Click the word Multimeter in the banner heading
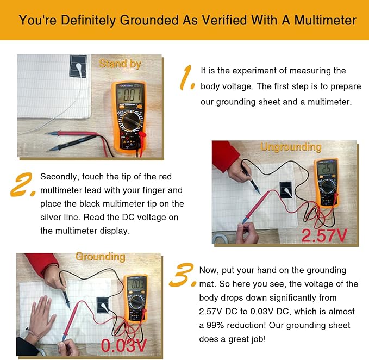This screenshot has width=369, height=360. tap(325, 20)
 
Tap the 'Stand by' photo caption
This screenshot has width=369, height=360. tap(120, 64)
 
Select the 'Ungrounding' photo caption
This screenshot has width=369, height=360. tap(291, 147)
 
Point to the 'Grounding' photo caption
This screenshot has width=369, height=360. tap(100, 257)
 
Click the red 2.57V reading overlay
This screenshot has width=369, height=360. tap(324, 235)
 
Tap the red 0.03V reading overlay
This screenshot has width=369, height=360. tap(124, 345)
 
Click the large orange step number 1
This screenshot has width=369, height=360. tap(187, 78)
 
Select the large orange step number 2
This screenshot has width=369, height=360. tap(23, 184)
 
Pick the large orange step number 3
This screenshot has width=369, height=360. tap(183, 275)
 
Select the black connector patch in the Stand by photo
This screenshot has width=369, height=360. tap(78, 66)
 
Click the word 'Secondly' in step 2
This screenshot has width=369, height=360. tap(60, 177)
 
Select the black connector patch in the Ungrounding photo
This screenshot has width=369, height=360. tap(286, 190)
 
